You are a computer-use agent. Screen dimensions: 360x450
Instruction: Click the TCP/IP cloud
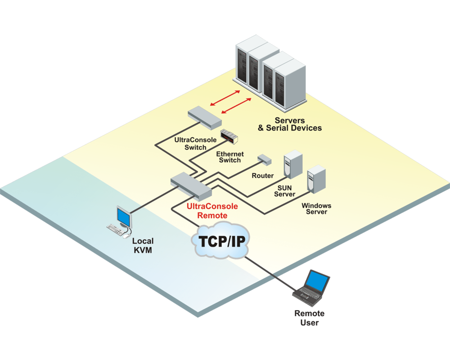[220, 242]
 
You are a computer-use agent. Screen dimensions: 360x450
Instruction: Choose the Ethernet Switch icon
[229, 136]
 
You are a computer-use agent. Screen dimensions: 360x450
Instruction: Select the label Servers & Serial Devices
[290, 124]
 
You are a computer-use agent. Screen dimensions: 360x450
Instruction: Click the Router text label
[263, 175]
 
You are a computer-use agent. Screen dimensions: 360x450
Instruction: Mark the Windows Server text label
[316, 209]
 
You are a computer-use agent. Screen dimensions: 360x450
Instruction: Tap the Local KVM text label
[143, 245]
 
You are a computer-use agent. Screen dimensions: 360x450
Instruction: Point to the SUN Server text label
[284, 191]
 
